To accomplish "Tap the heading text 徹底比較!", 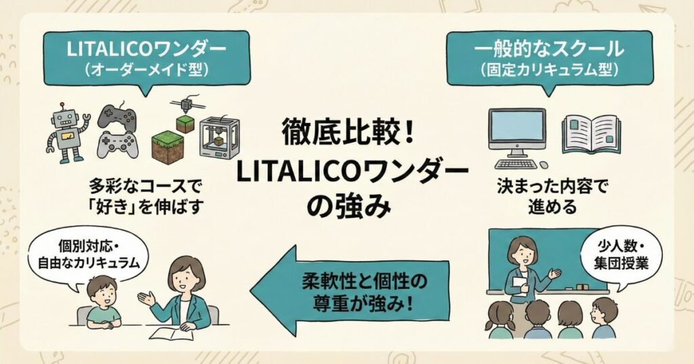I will click(346, 131).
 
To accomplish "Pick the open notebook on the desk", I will click(169, 333).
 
